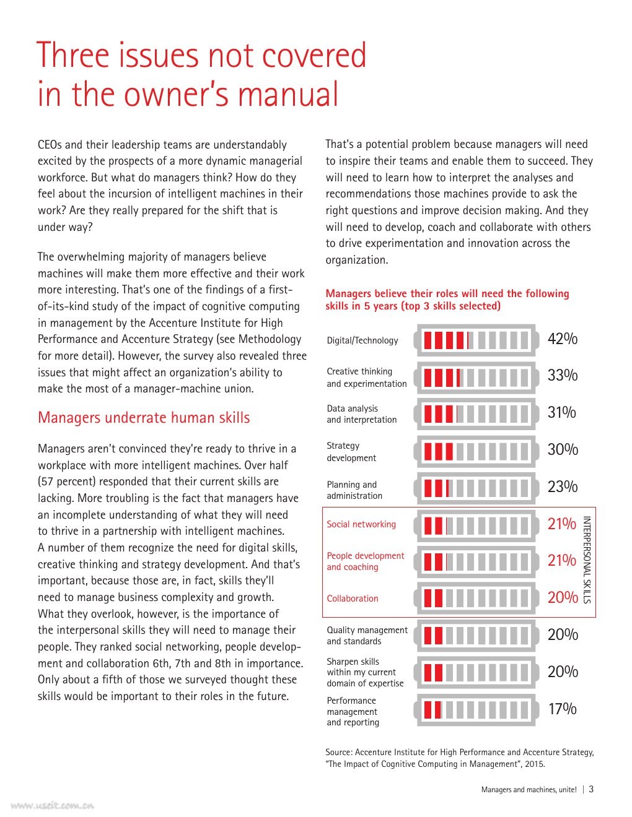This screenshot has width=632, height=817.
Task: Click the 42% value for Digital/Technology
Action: click(562, 339)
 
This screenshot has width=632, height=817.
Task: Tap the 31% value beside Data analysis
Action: click(561, 413)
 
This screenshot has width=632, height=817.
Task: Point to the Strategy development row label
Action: click(351, 452)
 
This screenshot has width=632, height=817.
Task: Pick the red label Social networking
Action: click(361, 524)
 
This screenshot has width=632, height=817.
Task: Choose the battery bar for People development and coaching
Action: click(476, 561)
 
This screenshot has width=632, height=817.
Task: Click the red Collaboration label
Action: click(353, 599)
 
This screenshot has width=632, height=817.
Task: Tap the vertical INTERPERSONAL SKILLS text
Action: click(587, 560)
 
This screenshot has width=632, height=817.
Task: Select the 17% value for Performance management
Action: click(561, 709)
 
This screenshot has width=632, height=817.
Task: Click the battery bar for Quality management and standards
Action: click(476, 636)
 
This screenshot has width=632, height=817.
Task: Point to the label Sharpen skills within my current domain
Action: click(365, 672)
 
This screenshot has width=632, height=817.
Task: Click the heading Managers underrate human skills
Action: click(144, 418)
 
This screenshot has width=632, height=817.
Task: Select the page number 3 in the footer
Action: click(591, 789)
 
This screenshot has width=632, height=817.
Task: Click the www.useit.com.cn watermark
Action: click(52, 805)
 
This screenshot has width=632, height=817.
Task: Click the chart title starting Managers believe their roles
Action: click(447, 300)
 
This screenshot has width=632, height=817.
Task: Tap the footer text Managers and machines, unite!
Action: click(529, 790)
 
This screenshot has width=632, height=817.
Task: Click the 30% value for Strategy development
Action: click(562, 450)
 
